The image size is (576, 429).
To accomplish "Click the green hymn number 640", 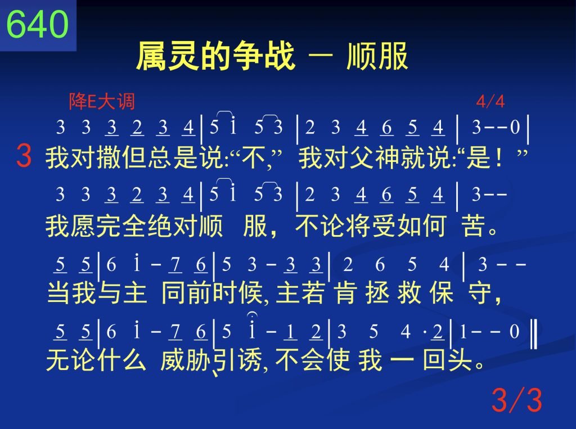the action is (38, 24).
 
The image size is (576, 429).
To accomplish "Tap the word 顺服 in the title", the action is (377, 56).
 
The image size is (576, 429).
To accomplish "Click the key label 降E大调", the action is (102, 101).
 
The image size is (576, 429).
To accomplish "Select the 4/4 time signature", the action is (490, 101).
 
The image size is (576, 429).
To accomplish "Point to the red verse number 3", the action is (24, 156).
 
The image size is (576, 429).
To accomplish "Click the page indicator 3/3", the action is (517, 400).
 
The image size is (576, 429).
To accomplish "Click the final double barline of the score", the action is (534, 334).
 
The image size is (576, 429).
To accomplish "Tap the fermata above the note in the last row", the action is (252, 314).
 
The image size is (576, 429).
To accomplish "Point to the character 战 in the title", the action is (280, 56).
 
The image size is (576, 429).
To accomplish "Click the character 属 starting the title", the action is (151, 56).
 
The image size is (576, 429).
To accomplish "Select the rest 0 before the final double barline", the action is (514, 331).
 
